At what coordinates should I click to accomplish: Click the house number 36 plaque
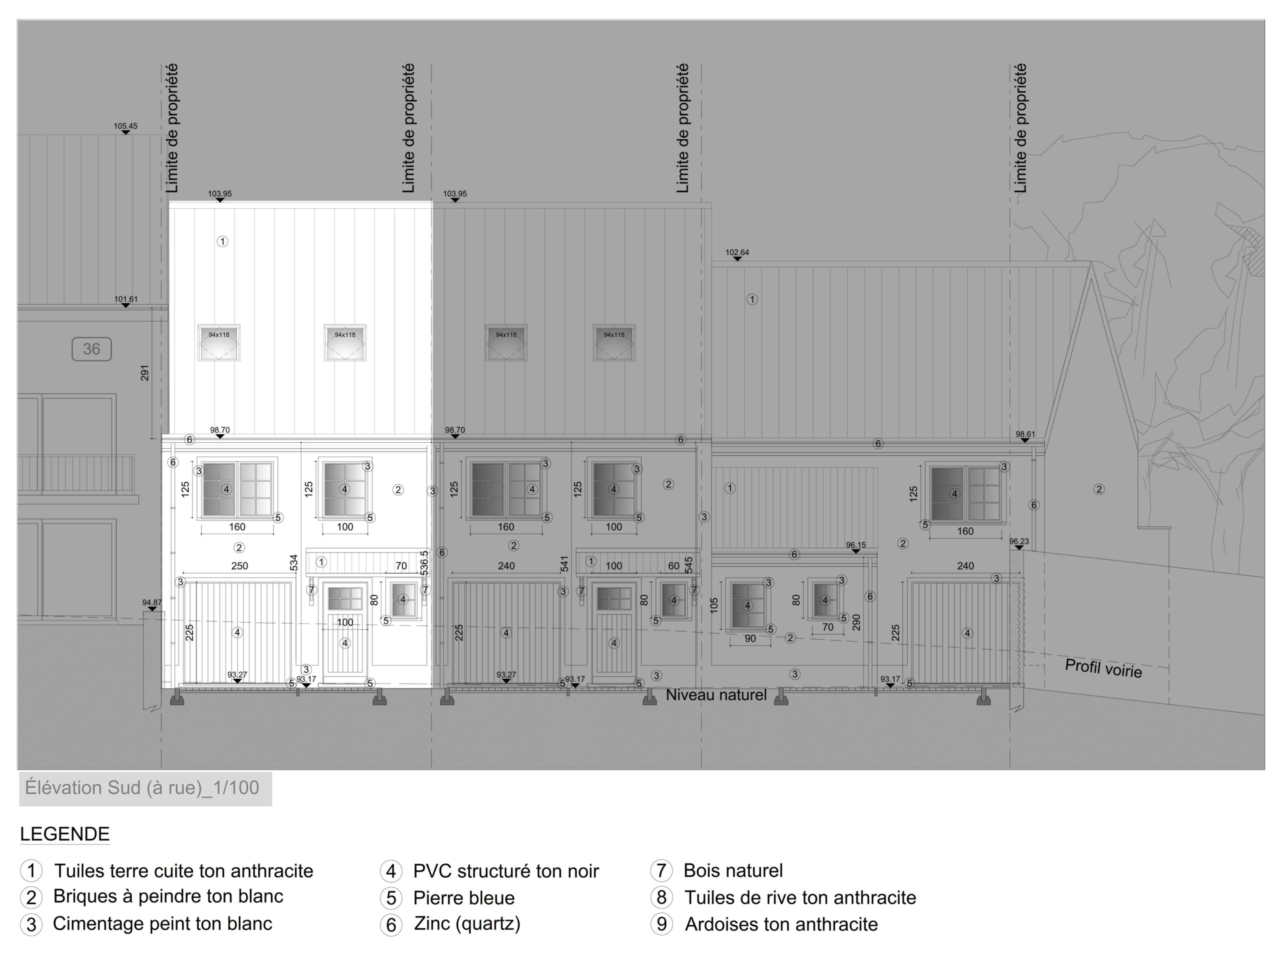tap(91, 349)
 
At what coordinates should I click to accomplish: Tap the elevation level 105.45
tap(125, 126)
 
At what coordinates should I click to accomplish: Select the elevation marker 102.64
tap(737, 252)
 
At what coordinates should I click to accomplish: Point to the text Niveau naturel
tap(716, 694)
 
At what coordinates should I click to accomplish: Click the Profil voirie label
tap(1103, 668)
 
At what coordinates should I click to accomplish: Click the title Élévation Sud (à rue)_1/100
tap(142, 788)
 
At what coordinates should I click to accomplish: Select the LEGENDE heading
tap(65, 834)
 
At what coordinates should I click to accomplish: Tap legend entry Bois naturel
tap(733, 870)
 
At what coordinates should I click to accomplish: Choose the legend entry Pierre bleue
tap(464, 898)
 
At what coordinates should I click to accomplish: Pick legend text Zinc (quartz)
tap(467, 924)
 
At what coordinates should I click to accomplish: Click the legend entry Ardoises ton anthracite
tap(781, 924)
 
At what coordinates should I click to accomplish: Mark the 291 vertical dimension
tap(144, 373)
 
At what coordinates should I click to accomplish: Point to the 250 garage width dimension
tap(239, 566)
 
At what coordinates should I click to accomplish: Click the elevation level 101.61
tap(125, 299)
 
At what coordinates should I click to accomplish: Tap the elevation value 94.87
tap(152, 602)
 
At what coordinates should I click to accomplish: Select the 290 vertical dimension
tap(856, 622)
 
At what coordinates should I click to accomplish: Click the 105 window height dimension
tap(714, 605)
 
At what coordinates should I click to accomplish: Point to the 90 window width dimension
tap(750, 638)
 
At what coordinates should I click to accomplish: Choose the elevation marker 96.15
tap(856, 545)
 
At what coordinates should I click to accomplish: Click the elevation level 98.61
tap(1025, 434)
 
